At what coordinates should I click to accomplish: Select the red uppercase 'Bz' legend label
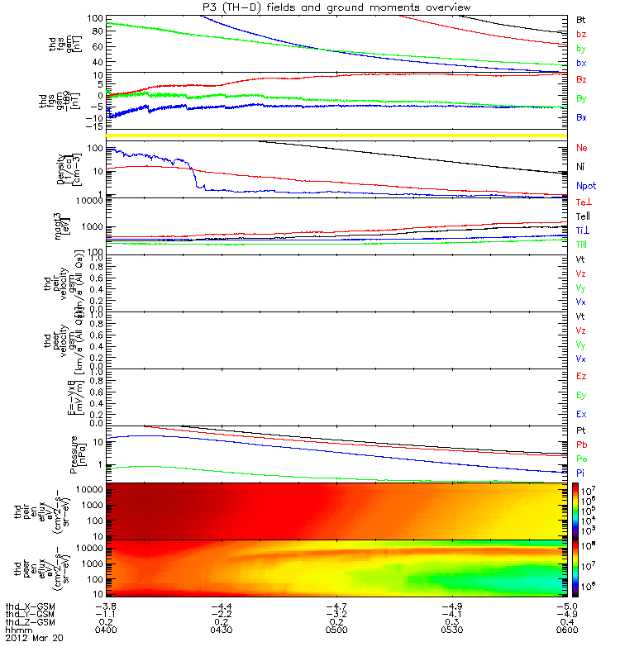[x=580, y=79]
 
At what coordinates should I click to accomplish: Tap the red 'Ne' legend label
[x=582, y=148]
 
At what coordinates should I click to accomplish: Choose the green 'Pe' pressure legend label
[x=581, y=458]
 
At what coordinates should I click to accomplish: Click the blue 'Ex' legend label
[x=581, y=414]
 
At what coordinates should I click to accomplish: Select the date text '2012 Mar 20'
[x=34, y=639]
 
